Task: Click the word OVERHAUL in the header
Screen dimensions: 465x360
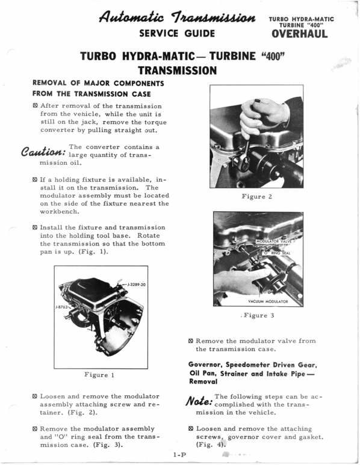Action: point(299,34)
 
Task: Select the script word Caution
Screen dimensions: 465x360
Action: point(42,151)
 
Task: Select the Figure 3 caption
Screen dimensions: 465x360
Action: point(258,315)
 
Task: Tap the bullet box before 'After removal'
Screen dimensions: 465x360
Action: point(36,105)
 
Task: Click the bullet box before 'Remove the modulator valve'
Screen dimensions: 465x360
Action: point(191,340)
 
